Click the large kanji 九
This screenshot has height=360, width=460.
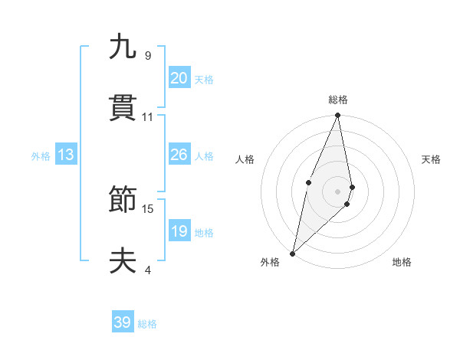(x=123, y=47)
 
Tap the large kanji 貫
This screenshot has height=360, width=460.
(x=123, y=110)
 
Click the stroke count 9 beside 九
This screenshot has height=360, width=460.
(x=148, y=56)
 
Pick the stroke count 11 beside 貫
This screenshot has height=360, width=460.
(x=148, y=117)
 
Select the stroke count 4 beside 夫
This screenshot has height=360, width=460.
(x=148, y=270)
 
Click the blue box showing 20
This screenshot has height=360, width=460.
(x=179, y=78)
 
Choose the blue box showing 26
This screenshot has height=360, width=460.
(x=179, y=155)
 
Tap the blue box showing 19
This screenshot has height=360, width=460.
(x=179, y=231)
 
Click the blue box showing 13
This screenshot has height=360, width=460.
(x=66, y=155)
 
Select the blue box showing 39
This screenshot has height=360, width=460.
(x=123, y=322)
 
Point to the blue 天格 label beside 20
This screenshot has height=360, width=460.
(x=203, y=80)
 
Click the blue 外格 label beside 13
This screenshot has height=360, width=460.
(x=41, y=156)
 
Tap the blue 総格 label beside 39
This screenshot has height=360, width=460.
(x=147, y=324)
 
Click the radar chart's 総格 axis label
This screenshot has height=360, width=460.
(x=338, y=100)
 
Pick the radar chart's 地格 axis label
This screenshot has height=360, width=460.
(x=402, y=262)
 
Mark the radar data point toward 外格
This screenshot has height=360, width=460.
(x=292, y=253)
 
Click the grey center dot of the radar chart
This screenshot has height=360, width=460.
(x=338, y=191)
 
